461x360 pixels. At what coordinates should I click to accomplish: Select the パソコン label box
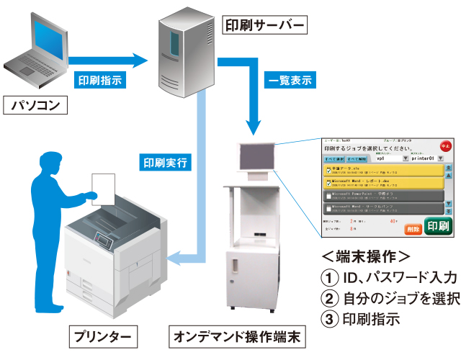(35, 107)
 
